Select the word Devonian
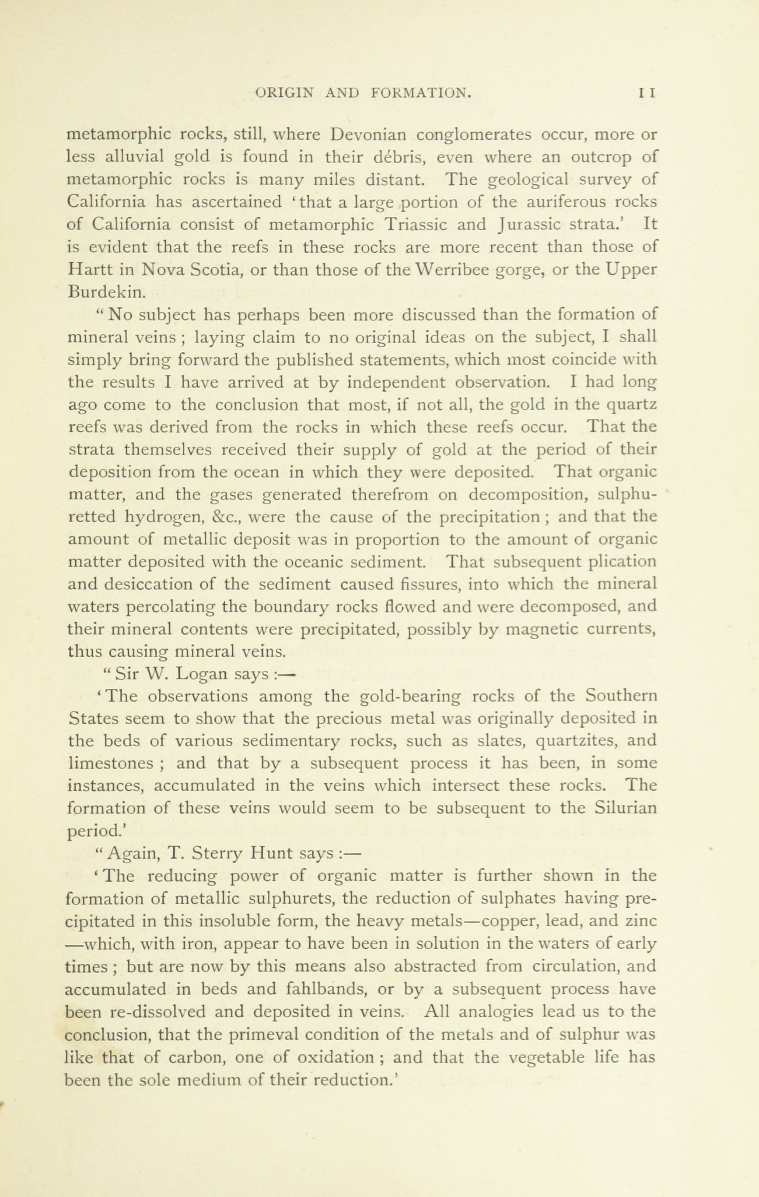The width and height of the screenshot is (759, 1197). coord(369,135)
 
